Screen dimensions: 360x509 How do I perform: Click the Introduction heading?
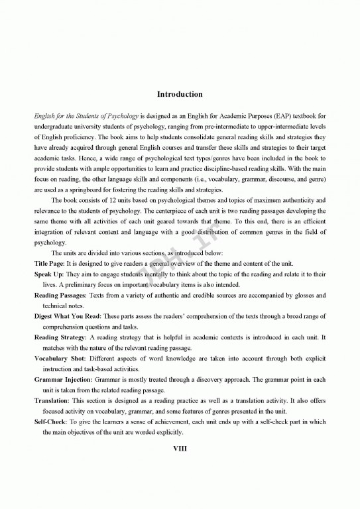point(180,94)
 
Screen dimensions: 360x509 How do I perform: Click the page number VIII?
point(180,448)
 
